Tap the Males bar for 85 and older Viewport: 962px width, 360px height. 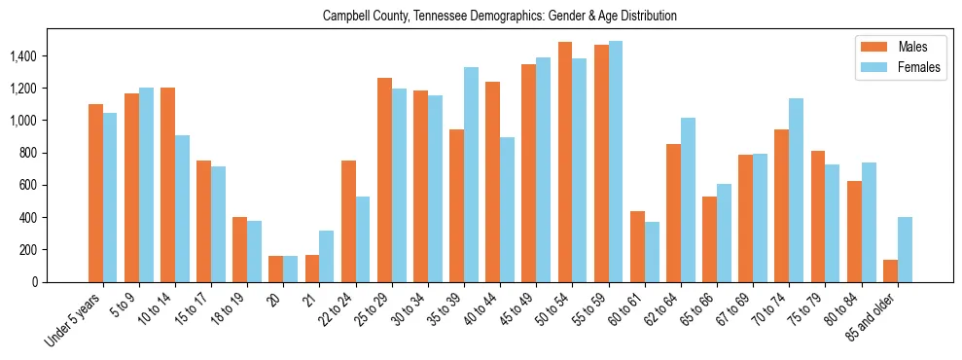(x=890, y=270)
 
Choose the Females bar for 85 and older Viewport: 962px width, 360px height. (x=905, y=249)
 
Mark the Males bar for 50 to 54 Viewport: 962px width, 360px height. (x=565, y=162)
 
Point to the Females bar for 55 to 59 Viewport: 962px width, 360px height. (x=616, y=162)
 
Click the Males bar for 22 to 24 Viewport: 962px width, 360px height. (x=348, y=221)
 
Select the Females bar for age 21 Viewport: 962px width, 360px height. (x=327, y=256)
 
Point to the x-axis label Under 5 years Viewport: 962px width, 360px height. (x=73, y=320)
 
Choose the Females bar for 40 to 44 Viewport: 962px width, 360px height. (x=508, y=209)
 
